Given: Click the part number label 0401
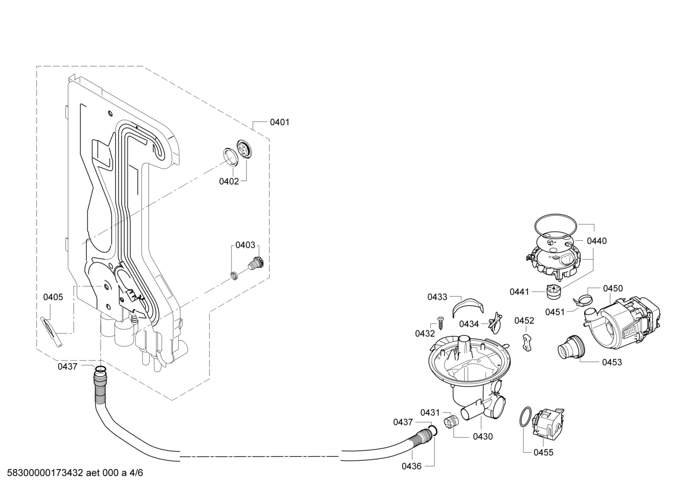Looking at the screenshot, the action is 280,122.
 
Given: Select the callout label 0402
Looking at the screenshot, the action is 229,181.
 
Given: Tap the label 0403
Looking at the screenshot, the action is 245,245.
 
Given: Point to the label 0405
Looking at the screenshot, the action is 53,297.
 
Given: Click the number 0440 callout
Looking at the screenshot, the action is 597,241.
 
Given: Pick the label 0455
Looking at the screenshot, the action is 543,453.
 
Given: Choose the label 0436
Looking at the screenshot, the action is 412,466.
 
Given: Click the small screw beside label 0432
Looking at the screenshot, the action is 440,323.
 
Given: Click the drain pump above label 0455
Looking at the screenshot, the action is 549,423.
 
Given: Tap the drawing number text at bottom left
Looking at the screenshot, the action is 74,473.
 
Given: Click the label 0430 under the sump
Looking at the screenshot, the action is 482,436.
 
